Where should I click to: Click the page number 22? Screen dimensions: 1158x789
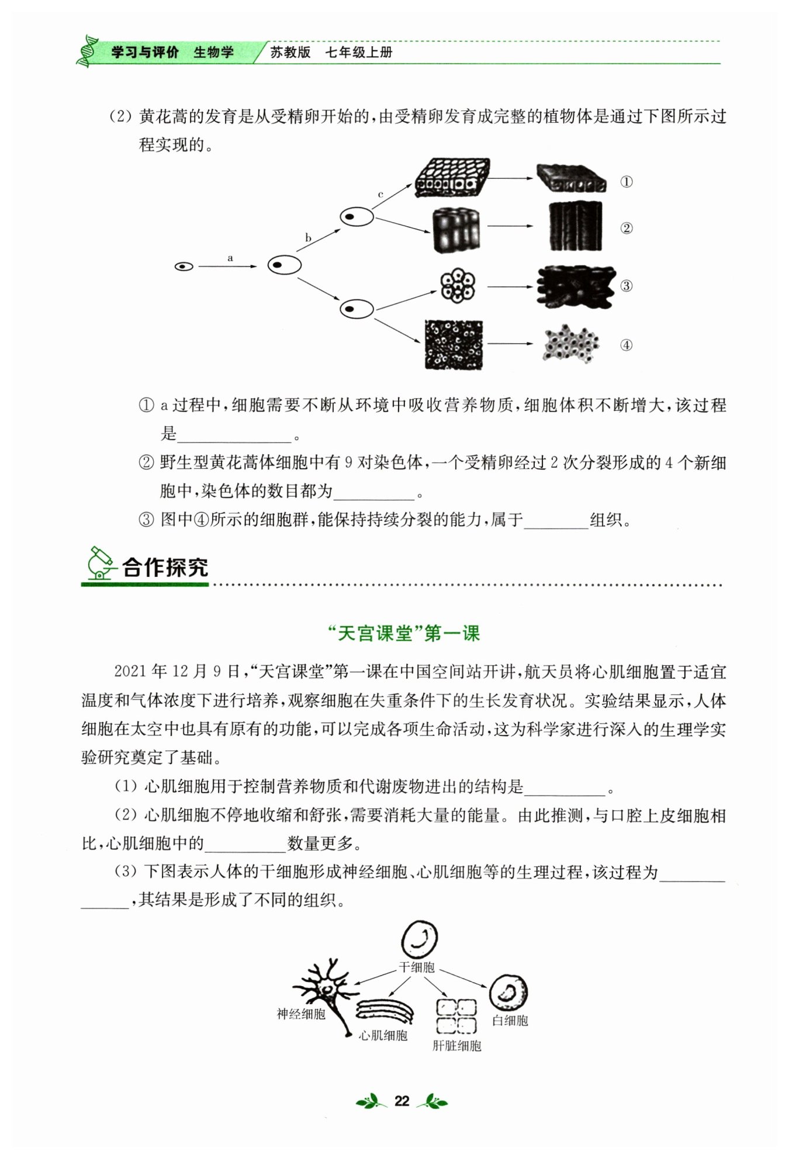402,1101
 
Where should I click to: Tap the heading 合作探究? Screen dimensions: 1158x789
165,567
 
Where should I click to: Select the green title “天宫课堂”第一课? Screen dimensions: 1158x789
403,633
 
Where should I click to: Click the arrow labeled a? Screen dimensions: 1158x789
228,267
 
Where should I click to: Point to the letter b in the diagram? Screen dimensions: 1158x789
308,238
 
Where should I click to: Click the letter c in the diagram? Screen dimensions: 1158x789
380,194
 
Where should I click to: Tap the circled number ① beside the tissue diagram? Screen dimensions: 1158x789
626,182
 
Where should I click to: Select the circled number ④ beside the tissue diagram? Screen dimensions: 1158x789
626,345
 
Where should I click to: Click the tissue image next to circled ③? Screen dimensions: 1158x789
576,286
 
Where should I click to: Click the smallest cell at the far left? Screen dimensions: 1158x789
184,267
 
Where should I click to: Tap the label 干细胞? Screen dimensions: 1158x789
417,967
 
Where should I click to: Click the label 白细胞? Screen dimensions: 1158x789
510,1021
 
